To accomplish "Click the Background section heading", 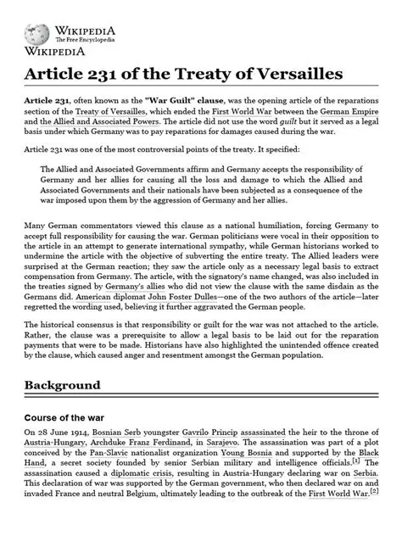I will tap(74, 385).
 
